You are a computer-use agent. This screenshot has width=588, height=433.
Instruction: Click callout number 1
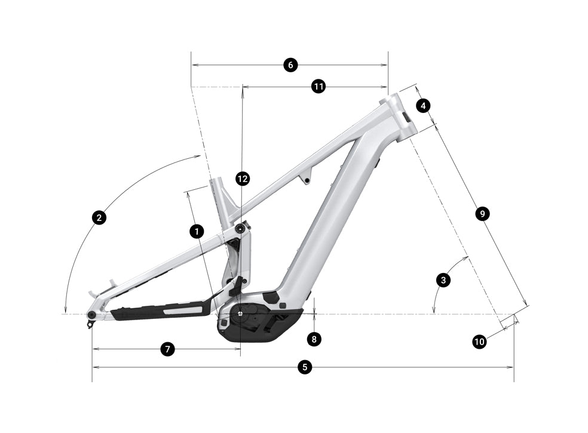[196, 231]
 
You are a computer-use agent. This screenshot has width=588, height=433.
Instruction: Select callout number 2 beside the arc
[100, 217]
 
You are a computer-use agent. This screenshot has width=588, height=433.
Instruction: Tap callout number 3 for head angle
[443, 279]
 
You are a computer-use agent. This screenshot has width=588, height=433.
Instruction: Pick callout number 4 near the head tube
[423, 106]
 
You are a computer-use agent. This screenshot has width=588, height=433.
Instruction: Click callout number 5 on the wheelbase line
[305, 367]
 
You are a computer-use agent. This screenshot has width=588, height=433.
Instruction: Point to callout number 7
[167, 349]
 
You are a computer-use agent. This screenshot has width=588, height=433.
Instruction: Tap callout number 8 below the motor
[314, 339]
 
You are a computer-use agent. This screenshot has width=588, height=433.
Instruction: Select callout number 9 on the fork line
[482, 213]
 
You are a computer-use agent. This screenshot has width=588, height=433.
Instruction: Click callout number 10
[479, 342]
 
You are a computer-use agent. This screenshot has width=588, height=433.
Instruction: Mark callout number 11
[318, 87]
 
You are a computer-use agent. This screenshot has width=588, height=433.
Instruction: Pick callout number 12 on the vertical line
[242, 179]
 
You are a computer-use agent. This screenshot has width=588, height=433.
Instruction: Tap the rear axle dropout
[92, 315]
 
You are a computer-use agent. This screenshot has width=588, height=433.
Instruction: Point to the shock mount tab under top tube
[307, 179]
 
